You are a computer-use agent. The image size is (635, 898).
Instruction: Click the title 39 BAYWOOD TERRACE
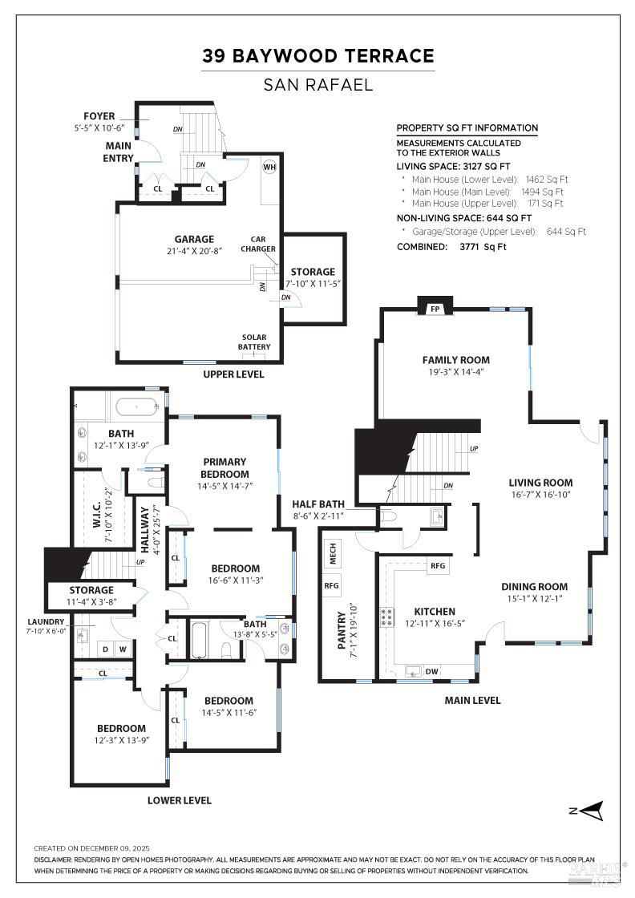[x=317, y=56]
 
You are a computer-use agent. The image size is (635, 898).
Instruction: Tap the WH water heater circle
[x=269, y=167]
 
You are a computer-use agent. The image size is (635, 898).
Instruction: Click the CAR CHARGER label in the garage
[x=257, y=244]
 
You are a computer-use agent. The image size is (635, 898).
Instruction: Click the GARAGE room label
[x=194, y=239]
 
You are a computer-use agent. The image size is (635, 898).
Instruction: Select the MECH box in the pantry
[x=333, y=552]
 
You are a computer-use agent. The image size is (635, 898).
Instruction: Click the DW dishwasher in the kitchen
[x=431, y=672]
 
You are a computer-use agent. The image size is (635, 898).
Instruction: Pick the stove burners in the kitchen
[x=387, y=617]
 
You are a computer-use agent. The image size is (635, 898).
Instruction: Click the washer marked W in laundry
[x=123, y=649]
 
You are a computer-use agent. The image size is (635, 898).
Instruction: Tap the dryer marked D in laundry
[x=104, y=649]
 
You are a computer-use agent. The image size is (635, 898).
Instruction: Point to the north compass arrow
[x=588, y=811]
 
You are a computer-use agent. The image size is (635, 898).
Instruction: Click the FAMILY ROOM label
[x=455, y=360]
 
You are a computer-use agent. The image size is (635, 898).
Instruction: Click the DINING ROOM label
[x=534, y=587]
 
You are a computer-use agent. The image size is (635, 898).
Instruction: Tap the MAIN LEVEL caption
[x=472, y=700]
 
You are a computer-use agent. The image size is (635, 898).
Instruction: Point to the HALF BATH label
[x=318, y=504]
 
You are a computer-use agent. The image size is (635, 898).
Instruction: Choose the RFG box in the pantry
[x=333, y=585]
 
